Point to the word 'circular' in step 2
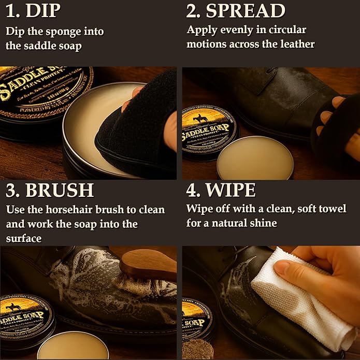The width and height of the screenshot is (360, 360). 286,30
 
